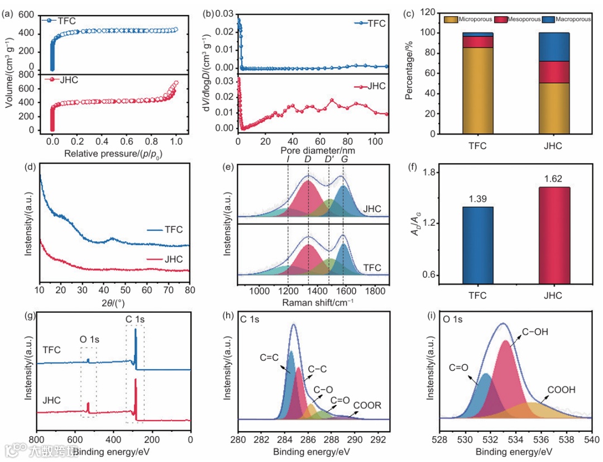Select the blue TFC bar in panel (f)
pyautogui.click(x=477, y=246)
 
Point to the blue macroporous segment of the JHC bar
pyautogui.click(x=554, y=47)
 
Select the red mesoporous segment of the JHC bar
pyautogui.click(x=554, y=72)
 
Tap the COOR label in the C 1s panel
pyautogui.click(x=367, y=406)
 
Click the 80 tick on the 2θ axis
pyautogui.click(x=190, y=291)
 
